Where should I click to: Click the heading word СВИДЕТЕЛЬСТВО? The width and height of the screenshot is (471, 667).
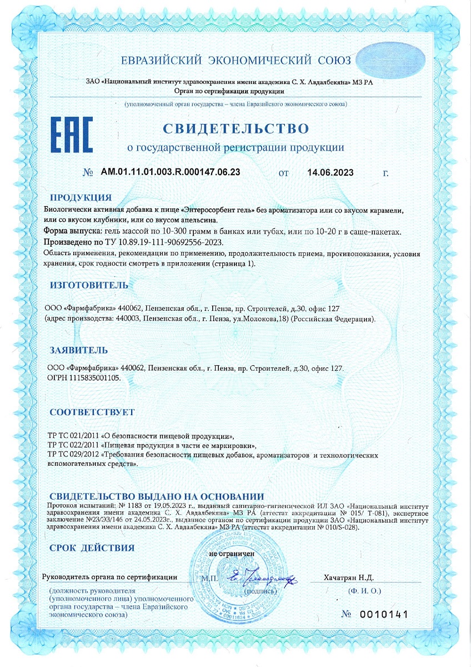coord(235,128)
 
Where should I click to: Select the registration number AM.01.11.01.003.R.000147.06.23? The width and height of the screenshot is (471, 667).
coord(171,172)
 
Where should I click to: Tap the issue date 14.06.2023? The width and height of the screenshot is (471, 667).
coord(330,172)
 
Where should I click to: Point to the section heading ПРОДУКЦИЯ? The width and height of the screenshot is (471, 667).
coord(81,198)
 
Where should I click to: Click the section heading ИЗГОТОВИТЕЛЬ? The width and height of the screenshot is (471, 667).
coord(89,285)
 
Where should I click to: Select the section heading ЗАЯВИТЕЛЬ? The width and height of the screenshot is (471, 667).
coord(79,351)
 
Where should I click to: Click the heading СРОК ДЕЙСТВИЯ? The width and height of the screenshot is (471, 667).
coord(92,548)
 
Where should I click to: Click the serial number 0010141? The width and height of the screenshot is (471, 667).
coord(384,614)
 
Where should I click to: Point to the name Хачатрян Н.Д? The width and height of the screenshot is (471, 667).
coord(349,578)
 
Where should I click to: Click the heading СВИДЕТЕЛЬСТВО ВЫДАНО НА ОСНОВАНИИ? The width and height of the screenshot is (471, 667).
coord(157,496)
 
